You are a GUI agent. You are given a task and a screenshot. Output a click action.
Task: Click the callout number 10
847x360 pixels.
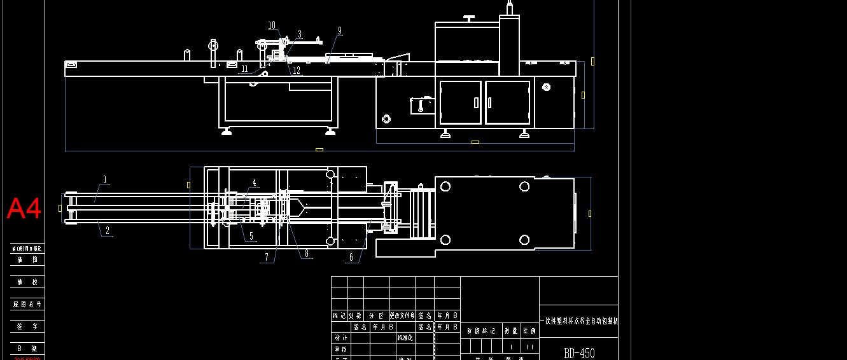coord(272,25)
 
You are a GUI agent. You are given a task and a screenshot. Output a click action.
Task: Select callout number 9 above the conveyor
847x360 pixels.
coord(340,30)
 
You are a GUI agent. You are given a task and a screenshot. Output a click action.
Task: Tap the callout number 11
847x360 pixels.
coord(244,68)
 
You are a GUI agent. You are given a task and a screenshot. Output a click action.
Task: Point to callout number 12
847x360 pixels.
coord(297,70)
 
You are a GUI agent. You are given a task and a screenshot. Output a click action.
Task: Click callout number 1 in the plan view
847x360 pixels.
coord(105,179)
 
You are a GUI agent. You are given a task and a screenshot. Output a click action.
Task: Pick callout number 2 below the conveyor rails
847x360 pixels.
coord(108,232)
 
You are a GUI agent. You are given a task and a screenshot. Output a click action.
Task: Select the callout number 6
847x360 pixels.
coord(351,258)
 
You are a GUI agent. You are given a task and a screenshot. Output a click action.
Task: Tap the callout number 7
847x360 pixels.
coord(267,258)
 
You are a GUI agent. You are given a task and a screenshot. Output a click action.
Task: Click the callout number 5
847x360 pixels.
coord(251,236)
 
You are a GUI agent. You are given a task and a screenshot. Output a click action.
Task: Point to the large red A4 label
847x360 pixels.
coord(24,209)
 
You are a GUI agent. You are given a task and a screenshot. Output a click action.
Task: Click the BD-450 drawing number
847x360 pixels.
coord(579,353)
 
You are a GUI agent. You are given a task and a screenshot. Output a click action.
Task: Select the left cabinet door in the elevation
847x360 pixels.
coord(460,102)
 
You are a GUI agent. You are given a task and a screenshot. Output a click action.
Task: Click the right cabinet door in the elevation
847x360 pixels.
coord(507,102)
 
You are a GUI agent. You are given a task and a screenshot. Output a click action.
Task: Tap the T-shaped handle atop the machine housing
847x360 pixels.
coord(470,18)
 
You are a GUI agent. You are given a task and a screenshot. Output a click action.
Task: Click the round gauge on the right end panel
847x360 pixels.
coord(546,87)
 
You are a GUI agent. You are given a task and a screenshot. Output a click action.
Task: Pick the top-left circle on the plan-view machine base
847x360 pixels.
coord(445,186)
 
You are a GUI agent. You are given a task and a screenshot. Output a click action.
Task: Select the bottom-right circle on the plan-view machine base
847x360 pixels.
coord(524,240)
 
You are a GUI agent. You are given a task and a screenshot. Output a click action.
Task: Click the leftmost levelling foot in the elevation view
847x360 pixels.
coord(226,132)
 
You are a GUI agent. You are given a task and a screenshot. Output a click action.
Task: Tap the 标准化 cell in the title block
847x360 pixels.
coord(405,338)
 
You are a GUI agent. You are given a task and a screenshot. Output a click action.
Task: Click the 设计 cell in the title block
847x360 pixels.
coord(340,338)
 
